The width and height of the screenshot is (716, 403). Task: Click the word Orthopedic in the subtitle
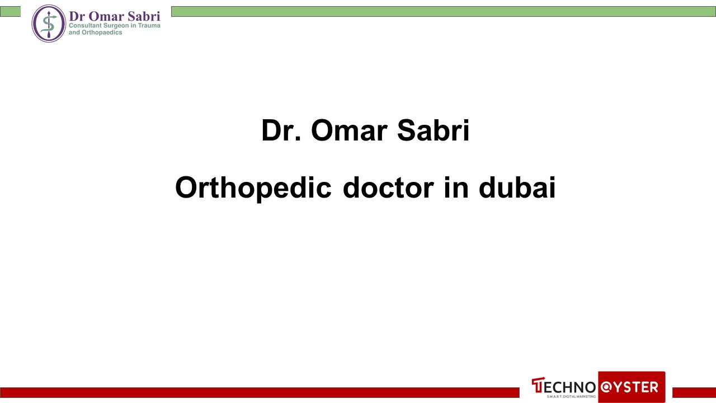pyautogui.click(x=253, y=188)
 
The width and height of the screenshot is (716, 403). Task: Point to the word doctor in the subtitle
pyautogui.click(x=388, y=188)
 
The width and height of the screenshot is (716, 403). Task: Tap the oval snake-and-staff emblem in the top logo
pyautogui.click(x=49, y=24)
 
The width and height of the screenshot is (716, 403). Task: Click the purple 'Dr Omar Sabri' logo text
pyautogui.click(x=114, y=16)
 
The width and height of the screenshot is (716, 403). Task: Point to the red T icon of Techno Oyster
pyautogui.click(x=538, y=386)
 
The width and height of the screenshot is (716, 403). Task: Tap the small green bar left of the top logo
pyautogui.click(x=10, y=11)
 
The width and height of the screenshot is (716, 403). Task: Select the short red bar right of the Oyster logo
pyautogui.click(x=694, y=392)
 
